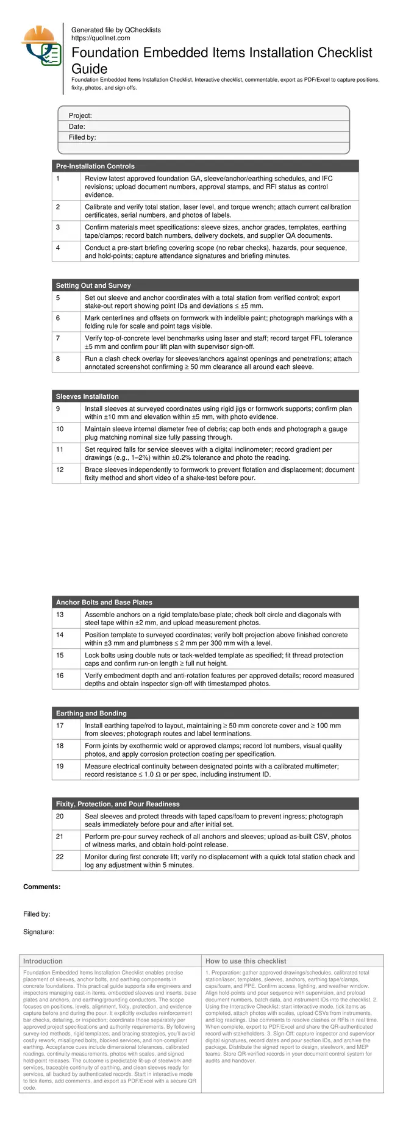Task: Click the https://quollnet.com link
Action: coord(101,38)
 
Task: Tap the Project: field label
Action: coord(80,116)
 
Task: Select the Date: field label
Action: coord(77,127)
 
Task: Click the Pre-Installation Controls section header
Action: coord(95,166)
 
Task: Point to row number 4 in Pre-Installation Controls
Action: coord(58,248)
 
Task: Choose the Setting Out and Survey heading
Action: coord(93,285)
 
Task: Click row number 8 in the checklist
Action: coord(58,359)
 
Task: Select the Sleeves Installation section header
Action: coord(87,396)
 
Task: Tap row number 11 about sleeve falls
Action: coord(60,449)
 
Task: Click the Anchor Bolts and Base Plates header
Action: coord(104,603)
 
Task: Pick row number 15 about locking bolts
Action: coord(60,656)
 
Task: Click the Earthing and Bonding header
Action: coord(91,714)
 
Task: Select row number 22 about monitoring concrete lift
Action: coord(60,857)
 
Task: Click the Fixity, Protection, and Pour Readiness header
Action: coord(118,804)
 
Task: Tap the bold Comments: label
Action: coord(42,887)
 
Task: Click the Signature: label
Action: coord(38,932)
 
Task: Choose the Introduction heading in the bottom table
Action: coord(43,961)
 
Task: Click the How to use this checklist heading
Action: coord(246,961)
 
